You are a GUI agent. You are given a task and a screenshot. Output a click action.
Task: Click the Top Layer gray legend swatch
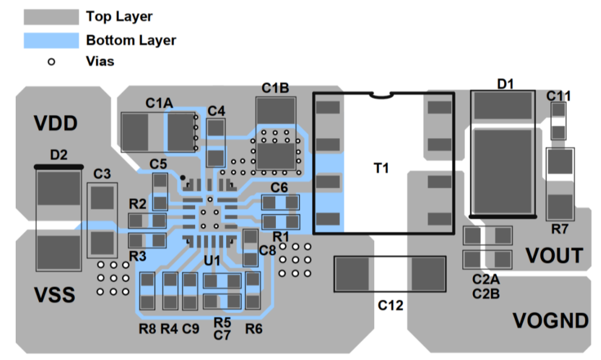point(52,17)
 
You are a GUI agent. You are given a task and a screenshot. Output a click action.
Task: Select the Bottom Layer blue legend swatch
point(52,41)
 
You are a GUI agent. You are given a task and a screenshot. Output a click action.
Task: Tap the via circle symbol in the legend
point(52,61)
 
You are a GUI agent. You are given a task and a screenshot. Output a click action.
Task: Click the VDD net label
point(55,124)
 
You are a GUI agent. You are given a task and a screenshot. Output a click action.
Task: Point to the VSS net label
point(55,296)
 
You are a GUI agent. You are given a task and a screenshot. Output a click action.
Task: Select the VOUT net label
point(554,256)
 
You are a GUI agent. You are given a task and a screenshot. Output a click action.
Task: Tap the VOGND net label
point(551,320)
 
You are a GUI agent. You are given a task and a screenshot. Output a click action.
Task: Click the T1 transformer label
point(380,168)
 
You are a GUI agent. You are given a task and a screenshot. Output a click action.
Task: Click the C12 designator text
point(391,305)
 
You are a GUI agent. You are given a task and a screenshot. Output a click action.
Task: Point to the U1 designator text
point(212,261)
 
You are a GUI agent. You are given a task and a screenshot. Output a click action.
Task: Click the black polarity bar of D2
point(58,165)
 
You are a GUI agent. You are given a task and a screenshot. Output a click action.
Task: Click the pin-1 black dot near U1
point(183,178)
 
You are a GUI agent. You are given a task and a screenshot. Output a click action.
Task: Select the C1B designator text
point(275,88)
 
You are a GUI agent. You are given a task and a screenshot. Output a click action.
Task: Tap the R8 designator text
point(147,329)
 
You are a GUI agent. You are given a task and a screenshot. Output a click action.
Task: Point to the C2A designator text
point(485,281)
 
